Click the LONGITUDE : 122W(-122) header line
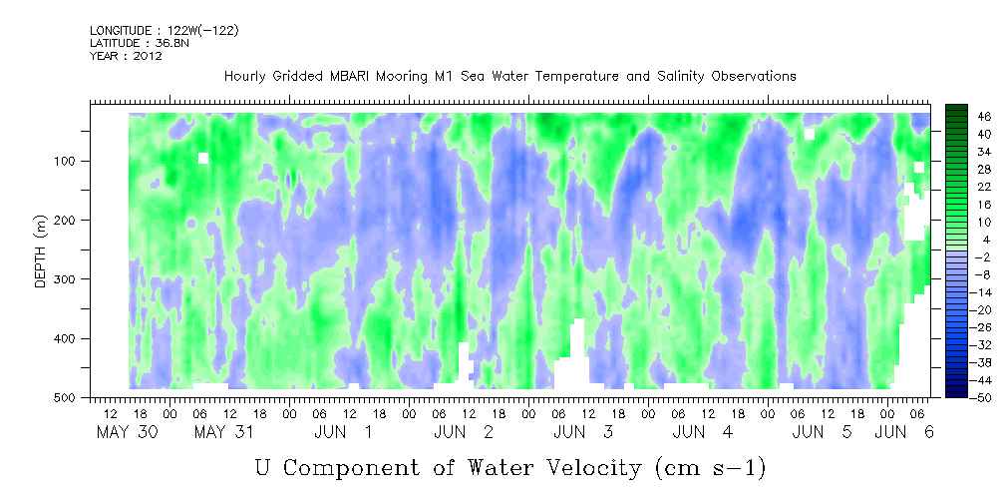[165, 31]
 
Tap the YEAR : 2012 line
[126, 56]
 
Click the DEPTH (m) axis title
[41, 255]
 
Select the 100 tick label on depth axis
[69, 161]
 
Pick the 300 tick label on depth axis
[69, 279]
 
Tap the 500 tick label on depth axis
[69, 397]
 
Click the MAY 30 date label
[127, 432]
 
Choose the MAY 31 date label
[224, 432]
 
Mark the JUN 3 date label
[582, 432]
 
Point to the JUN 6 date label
[904, 432]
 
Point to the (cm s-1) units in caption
[711, 469]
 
